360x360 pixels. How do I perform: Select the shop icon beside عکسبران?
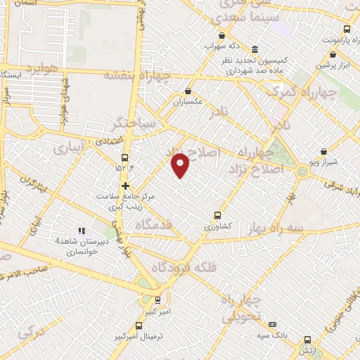tap(188, 91)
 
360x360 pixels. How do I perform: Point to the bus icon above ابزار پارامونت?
tap(347, 29)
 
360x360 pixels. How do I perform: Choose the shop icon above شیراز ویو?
tap(323, 151)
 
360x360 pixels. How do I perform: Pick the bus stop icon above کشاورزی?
tap(217, 215)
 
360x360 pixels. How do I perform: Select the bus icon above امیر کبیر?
tap(157, 299)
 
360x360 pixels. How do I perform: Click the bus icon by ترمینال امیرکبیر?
tap(139, 326)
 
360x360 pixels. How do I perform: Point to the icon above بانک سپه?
tap(273, 323)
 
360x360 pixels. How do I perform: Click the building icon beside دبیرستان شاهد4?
tap(82, 230)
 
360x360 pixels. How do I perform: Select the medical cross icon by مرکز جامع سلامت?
tap(125, 186)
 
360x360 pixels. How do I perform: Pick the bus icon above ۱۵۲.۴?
tap(125, 157)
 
